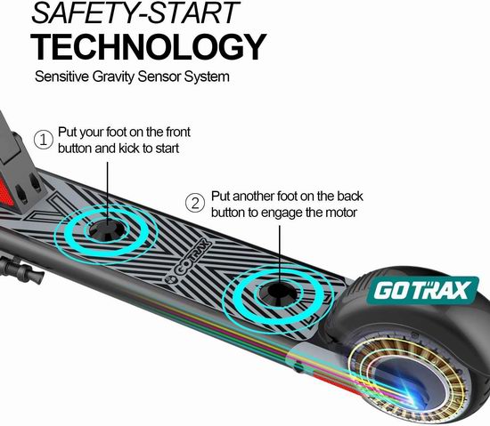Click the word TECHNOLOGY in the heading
click(148, 47)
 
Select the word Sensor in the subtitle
click(159, 76)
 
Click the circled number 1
click(44, 140)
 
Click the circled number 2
click(195, 203)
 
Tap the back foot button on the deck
click(279, 293)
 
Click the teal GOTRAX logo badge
click(423, 290)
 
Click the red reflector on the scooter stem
click(6, 194)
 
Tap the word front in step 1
click(178, 132)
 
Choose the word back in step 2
click(350, 197)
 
